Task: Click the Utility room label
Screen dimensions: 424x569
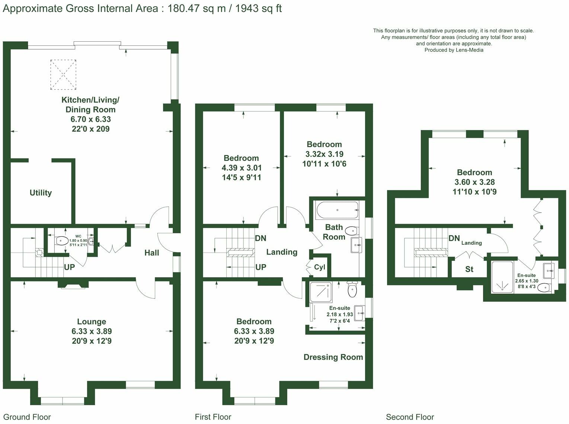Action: pyautogui.click(x=41, y=193)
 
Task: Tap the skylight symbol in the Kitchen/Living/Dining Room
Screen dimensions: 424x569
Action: pyautogui.click(x=63, y=75)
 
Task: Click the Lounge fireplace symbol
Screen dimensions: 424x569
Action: pyautogui.click(x=73, y=285)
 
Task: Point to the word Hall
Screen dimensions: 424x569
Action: pyautogui.click(x=151, y=253)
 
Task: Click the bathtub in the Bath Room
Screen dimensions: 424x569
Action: pyautogui.click(x=337, y=211)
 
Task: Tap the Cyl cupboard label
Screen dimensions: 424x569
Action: pyautogui.click(x=320, y=267)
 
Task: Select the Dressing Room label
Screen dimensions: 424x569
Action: pyautogui.click(x=333, y=357)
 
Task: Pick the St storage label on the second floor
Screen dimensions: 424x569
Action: pyautogui.click(x=469, y=269)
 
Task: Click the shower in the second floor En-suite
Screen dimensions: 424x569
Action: pyautogui.click(x=502, y=277)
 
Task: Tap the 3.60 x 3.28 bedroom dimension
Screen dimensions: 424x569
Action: pyautogui.click(x=474, y=182)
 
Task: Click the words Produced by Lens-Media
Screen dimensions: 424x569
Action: pyautogui.click(x=454, y=50)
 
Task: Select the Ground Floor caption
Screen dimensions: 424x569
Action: pyautogui.click(x=27, y=417)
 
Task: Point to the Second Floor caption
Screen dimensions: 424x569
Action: pyautogui.click(x=410, y=417)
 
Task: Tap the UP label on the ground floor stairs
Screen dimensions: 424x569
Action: pyautogui.click(x=69, y=267)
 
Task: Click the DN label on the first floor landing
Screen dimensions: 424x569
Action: pyautogui.click(x=260, y=238)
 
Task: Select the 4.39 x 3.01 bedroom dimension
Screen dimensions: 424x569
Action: pyautogui.click(x=242, y=168)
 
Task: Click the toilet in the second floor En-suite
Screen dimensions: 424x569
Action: pyautogui.click(x=545, y=287)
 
